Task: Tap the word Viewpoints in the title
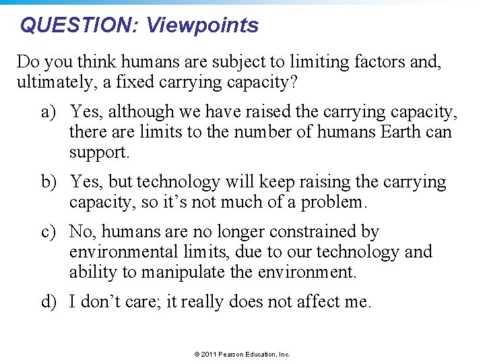(x=202, y=26)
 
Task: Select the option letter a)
(x=49, y=111)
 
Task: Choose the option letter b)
(x=49, y=183)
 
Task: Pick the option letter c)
(x=49, y=233)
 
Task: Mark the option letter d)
(x=49, y=301)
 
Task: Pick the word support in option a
(x=98, y=152)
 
